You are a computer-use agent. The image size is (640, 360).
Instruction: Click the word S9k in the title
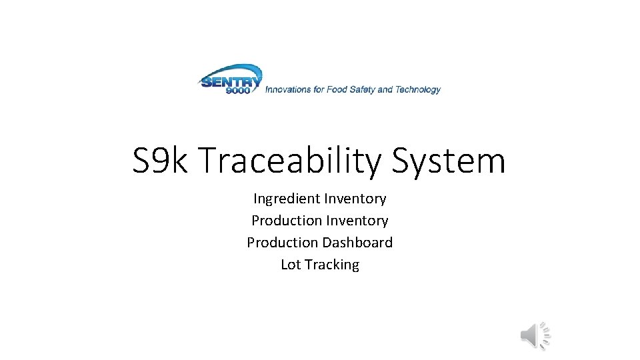[x=161, y=161]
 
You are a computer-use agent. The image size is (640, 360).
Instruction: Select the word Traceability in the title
[x=290, y=161]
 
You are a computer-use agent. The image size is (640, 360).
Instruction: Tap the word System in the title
[x=449, y=161]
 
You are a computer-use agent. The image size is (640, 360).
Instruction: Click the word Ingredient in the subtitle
[x=286, y=199]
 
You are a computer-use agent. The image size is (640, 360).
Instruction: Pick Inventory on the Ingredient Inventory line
[x=355, y=199]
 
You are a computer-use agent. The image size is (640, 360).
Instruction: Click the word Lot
[x=291, y=265]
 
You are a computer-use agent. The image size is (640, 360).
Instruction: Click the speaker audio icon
[x=535, y=335]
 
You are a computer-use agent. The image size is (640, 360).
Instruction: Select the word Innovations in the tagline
[x=289, y=89]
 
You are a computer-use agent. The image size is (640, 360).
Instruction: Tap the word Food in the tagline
[x=337, y=89]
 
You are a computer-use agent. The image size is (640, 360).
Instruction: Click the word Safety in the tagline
[x=362, y=89]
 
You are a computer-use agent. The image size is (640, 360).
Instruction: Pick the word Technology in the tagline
[x=418, y=89]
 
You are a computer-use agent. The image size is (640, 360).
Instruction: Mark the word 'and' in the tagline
[x=385, y=89]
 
